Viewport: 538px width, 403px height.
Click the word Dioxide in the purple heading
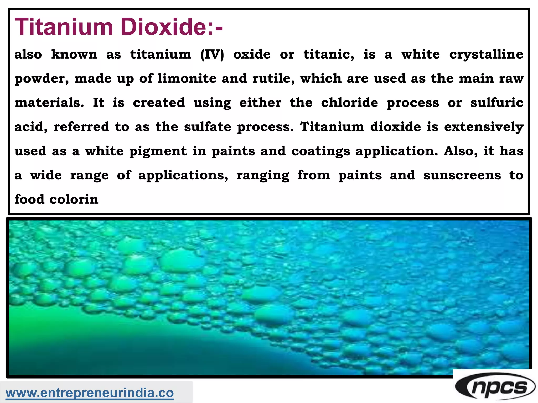click(163, 27)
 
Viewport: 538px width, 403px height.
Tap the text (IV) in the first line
click(212, 55)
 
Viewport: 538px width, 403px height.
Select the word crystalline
click(486, 55)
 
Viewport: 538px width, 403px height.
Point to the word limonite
click(187, 78)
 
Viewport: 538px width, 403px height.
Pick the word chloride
click(349, 103)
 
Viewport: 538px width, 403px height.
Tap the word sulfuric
click(496, 103)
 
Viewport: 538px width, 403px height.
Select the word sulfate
click(208, 127)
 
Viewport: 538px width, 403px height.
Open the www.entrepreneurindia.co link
click(90, 393)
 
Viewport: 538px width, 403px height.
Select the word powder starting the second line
click(42, 79)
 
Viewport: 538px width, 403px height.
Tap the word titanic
click(329, 55)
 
